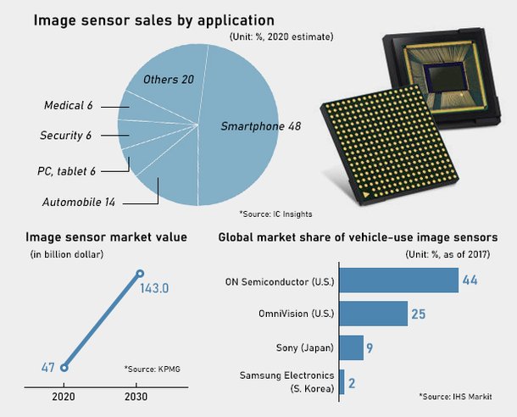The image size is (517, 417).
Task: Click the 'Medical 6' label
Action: (x=69, y=105)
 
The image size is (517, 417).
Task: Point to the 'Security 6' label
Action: (x=65, y=135)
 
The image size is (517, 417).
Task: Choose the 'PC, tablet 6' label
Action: (x=65, y=170)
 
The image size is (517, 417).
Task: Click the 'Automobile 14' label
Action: (x=79, y=202)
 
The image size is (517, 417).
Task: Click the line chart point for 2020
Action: (x=63, y=367)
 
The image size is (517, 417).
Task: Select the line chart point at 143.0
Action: (x=141, y=274)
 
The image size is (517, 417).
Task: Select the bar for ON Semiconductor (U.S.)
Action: (x=397, y=279)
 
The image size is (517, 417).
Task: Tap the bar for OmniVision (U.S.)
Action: (x=373, y=314)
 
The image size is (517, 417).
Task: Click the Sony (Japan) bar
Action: (x=351, y=347)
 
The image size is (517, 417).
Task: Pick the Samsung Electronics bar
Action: (x=342, y=382)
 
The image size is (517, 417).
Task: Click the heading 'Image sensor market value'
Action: (x=106, y=237)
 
